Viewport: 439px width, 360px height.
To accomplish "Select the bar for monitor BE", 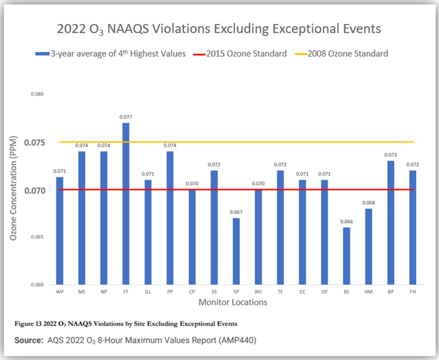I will click(346, 255).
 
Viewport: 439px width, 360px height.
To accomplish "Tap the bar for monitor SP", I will click(236, 251).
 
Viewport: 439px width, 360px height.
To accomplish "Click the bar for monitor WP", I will click(60, 231).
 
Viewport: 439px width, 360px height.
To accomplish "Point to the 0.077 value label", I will click(126, 117).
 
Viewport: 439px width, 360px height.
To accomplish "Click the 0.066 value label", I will click(346, 222).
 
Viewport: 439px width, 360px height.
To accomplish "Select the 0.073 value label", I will click(391, 155).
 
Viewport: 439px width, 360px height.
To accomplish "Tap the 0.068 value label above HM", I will click(369, 203).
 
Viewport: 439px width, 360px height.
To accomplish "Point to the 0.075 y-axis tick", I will click(35, 142).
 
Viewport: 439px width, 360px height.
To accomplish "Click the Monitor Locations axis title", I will click(232, 303).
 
